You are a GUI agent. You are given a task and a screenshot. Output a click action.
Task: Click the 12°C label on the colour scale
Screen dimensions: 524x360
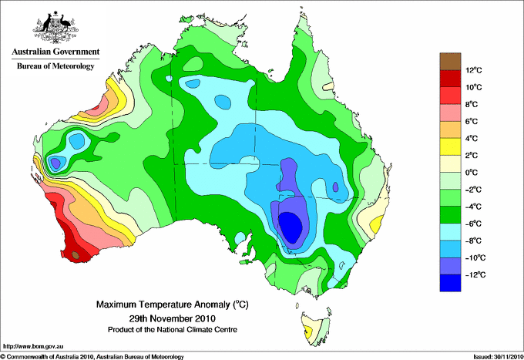[474, 70]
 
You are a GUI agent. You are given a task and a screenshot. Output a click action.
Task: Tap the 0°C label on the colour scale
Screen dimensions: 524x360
[472, 173]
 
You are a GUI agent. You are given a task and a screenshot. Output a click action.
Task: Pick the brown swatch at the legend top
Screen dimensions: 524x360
[450, 61]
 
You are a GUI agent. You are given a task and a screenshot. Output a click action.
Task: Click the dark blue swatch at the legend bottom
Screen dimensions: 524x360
[450, 283]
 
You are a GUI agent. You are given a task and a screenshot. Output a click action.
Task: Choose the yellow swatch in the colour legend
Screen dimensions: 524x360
[450, 146]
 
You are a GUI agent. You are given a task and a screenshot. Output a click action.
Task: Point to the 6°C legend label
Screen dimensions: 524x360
[472, 121]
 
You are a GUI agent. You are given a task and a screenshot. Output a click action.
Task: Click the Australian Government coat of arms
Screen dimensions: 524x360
[55, 27]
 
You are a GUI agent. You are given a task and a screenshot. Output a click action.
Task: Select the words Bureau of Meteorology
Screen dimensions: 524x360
[55, 66]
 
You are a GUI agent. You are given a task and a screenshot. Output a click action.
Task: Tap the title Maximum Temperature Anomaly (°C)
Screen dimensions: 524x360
[173, 304]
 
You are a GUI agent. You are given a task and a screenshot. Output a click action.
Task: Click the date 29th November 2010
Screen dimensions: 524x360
[173, 318]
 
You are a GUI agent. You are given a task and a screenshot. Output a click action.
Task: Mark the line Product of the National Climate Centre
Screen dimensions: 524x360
[173, 330]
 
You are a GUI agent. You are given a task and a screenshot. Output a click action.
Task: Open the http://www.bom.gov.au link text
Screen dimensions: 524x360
[33, 347]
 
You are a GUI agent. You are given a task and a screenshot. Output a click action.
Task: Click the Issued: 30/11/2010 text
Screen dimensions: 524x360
[499, 357]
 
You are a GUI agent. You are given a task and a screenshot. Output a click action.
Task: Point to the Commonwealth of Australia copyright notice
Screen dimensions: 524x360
[92, 357]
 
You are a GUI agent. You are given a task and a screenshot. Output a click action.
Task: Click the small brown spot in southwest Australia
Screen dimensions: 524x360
[76, 255]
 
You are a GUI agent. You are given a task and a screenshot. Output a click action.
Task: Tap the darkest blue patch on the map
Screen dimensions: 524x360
[291, 227]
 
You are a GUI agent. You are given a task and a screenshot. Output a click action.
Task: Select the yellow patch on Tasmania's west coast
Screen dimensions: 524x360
[308, 332]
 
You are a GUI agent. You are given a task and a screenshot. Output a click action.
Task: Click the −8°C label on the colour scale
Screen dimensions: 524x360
[473, 241]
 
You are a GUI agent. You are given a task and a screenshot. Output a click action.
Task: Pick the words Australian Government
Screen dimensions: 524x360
[55, 52]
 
